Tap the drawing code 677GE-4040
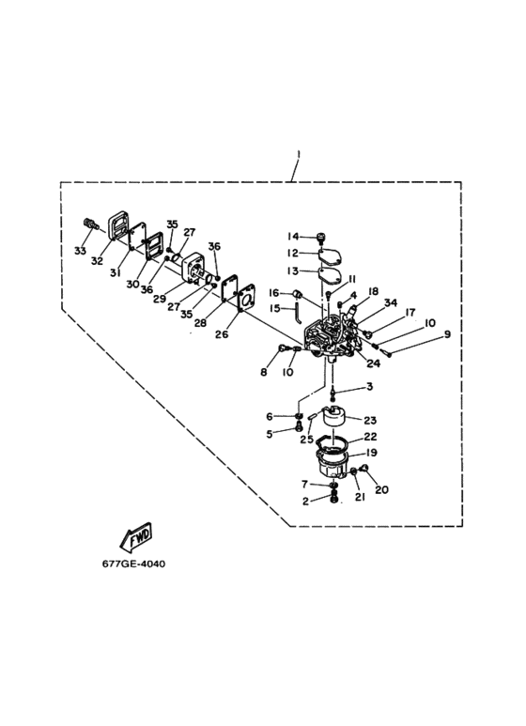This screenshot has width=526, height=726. tap(133, 564)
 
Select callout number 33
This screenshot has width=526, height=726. tap(80, 251)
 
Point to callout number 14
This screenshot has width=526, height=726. tap(293, 237)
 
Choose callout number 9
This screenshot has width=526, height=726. tap(447, 333)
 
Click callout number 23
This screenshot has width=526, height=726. tap(370, 421)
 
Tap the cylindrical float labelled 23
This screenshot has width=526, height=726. tap(333, 416)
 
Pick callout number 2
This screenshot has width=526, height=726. tap(305, 501)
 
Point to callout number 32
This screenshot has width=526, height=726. tap(97, 261)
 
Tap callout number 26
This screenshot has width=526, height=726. tap(222, 333)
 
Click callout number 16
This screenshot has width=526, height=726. tap(274, 293)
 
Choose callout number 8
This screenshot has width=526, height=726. tap(264, 372)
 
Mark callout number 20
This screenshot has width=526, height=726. tap(381, 489)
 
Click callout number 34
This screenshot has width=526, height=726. tap(391, 302)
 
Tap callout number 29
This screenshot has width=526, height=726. tap(160, 299)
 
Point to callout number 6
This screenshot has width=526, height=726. tap(270, 417)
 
